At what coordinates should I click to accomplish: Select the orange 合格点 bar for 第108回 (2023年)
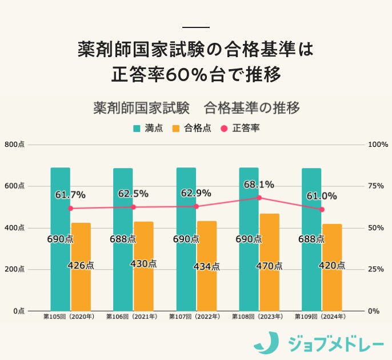click(270, 262)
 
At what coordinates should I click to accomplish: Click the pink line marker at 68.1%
click(259, 198)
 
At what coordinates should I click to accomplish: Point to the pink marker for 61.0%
click(322, 210)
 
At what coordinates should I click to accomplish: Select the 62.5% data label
click(133, 194)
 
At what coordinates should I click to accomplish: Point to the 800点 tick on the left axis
click(14, 145)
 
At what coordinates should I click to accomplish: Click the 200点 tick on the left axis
click(14, 270)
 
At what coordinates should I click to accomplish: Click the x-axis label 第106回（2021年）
click(132, 316)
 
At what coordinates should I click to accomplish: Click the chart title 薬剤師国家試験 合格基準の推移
click(196, 108)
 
